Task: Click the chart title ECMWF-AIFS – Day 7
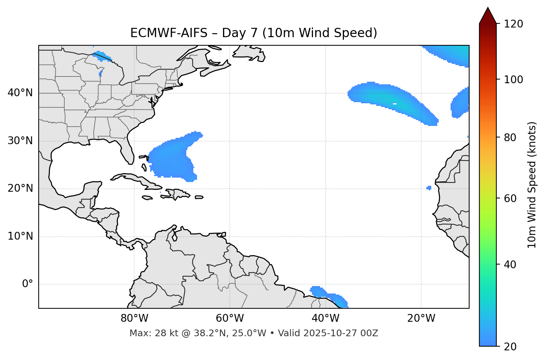254,33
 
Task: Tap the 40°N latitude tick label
20,93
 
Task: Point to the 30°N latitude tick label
20,141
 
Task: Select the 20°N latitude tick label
20,188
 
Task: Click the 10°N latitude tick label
20,236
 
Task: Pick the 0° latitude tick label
28,284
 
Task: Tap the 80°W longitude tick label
134,318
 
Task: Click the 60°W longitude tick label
230,318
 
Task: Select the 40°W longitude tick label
325,318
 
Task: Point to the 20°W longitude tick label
421,318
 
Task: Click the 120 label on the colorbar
513,24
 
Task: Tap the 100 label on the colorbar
513,80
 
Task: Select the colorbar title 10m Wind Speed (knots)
532,185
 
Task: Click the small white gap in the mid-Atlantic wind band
395,104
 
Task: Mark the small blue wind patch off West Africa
429,188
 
